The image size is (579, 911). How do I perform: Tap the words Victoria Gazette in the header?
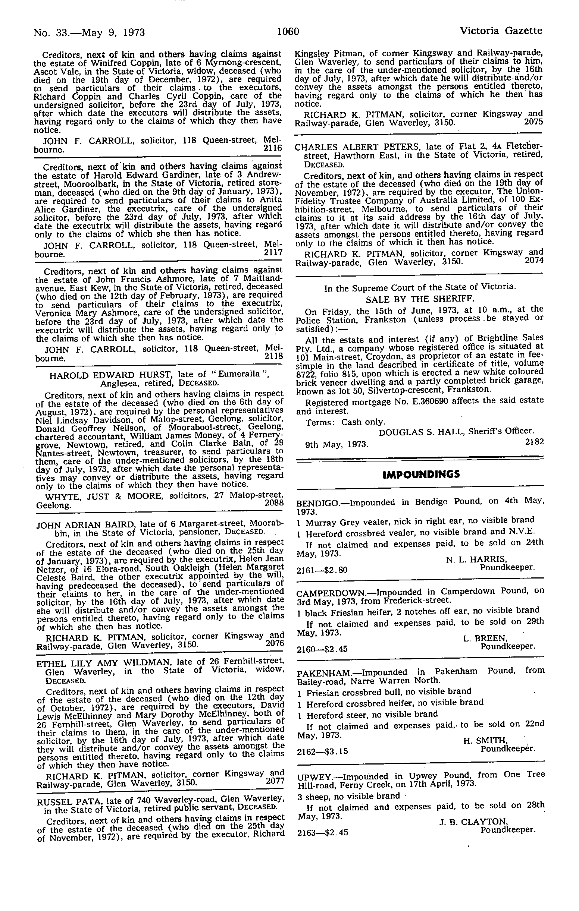pyautogui.click(x=501, y=31)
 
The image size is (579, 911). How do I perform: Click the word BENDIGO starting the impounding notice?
pyautogui.click(x=317, y=503)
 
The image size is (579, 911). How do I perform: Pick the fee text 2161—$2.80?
pyautogui.click(x=322, y=570)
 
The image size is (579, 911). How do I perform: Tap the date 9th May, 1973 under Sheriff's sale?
pyautogui.click(x=337, y=445)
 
